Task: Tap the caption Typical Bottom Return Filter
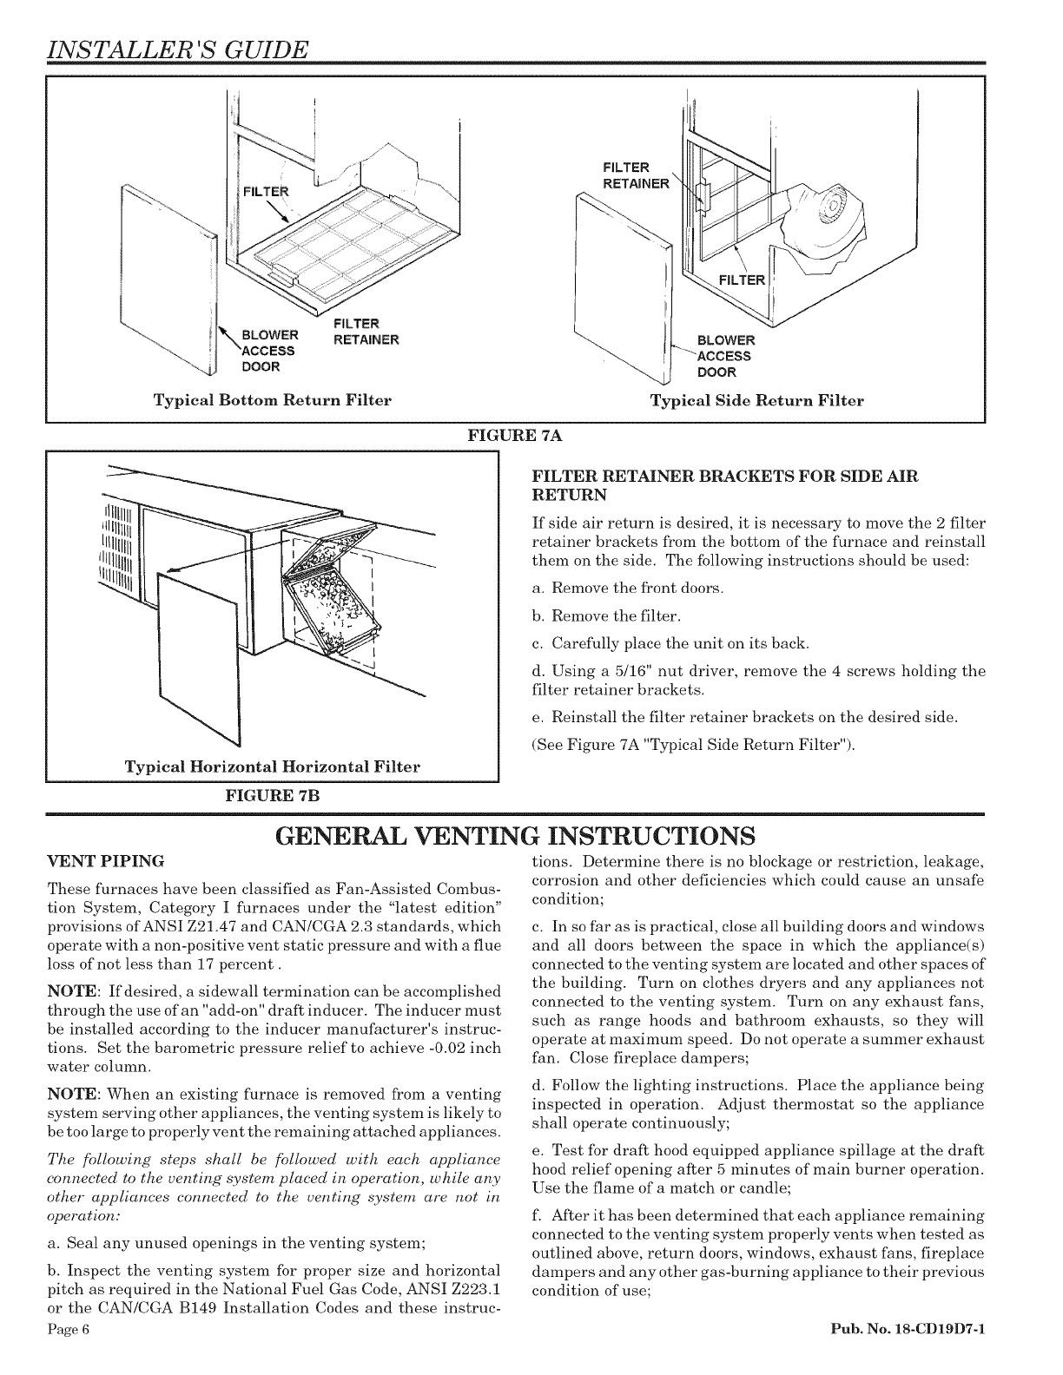point(272,400)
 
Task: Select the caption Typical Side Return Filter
point(757,400)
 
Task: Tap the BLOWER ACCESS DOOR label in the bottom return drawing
point(268,351)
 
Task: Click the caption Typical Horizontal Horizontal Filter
point(272,766)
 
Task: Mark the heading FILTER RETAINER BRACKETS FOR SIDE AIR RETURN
point(724,485)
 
